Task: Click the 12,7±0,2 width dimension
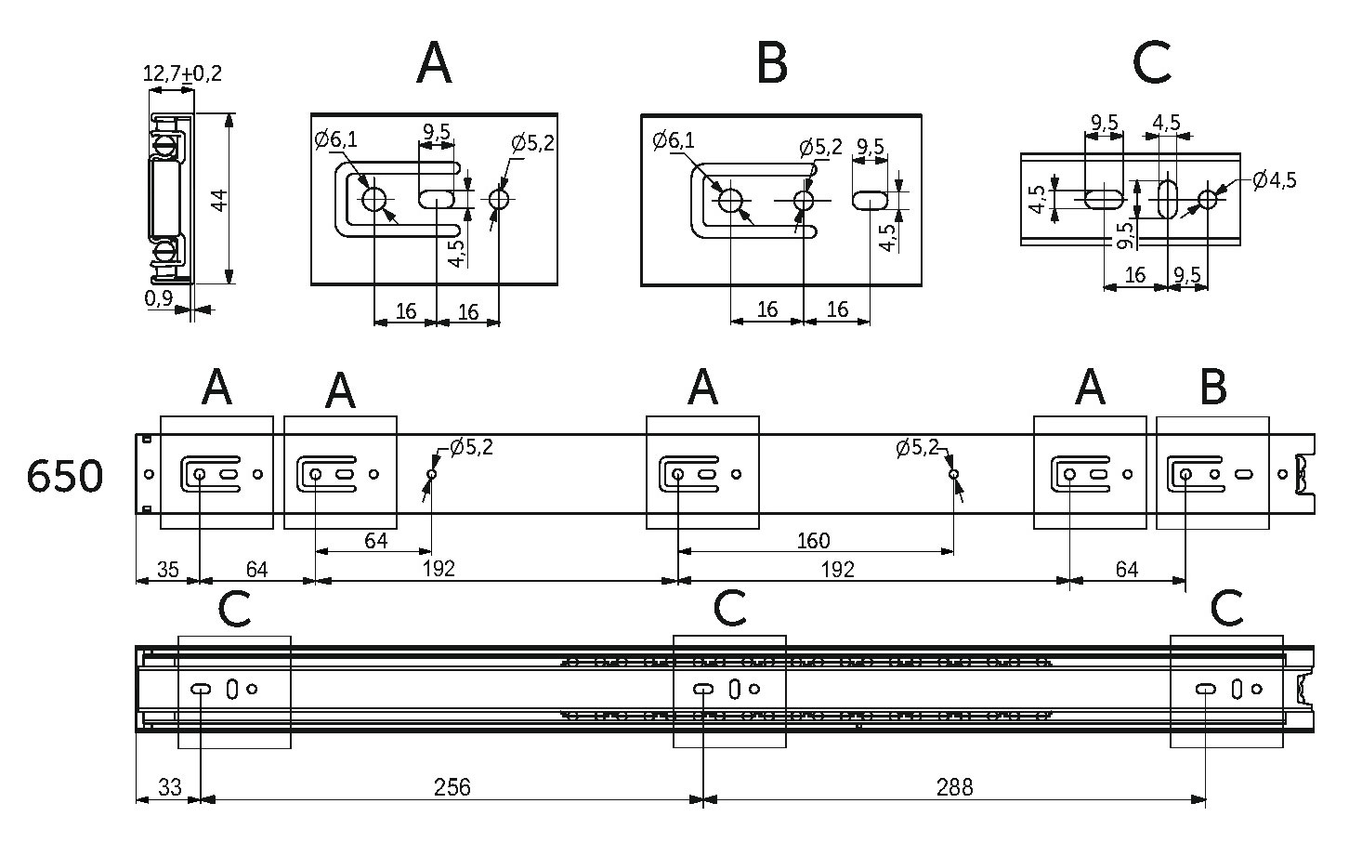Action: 182,73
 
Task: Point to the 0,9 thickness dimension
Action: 159,298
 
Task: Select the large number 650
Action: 64,476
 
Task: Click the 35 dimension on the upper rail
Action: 168,570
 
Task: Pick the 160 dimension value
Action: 813,540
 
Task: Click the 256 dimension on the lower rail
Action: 452,787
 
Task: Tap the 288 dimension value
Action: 955,787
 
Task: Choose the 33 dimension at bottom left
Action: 170,787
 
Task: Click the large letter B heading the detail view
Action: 772,64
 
